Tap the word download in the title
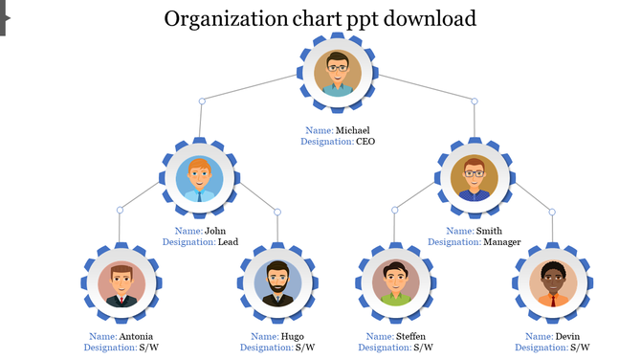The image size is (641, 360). tap(422, 18)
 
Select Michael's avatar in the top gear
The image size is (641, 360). tap(337, 74)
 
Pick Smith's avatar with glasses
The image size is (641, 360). tap(475, 177)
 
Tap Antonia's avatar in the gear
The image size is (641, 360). tap(121, 283)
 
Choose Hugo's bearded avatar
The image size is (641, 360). tap(277, 283)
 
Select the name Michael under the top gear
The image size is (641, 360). tap(352, 130)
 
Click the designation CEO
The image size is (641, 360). tap(365, 142)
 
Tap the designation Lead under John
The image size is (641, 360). tap(228, 242)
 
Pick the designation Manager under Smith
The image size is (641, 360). tap(501, 242)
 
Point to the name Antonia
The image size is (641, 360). tap(135, 337)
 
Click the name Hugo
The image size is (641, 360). tap(292, 337)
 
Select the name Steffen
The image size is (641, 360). tap(409, 337)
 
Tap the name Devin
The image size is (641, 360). tap(566, 337)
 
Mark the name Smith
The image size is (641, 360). tap(488, 231)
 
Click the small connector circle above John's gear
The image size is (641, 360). tap(201, 101)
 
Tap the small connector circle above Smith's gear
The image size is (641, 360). tap(474, 101)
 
